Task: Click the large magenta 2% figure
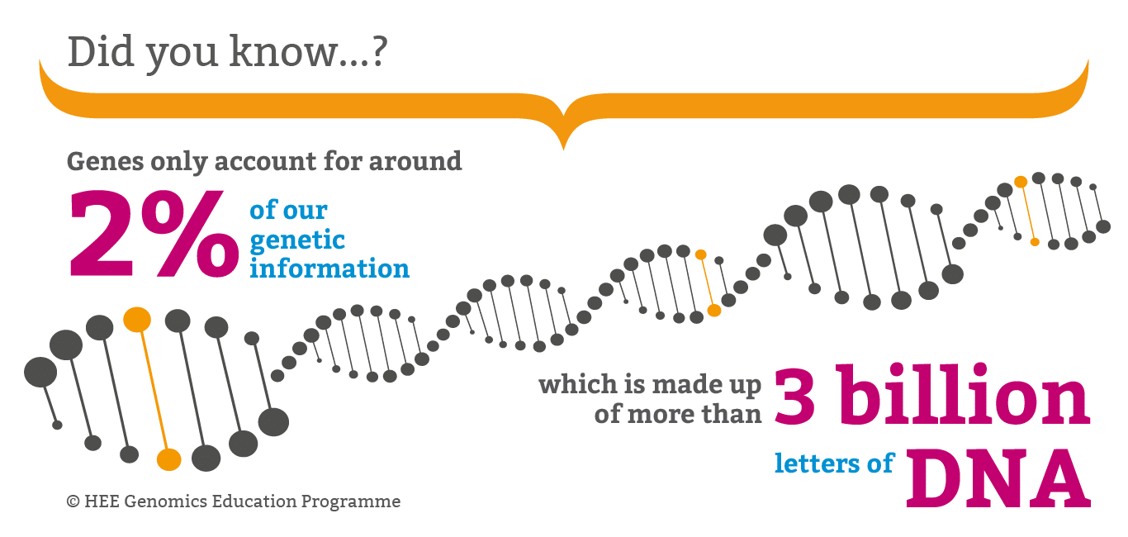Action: point(154,234)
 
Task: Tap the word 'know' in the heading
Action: point(282,51)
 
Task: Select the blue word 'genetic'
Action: point(297,240)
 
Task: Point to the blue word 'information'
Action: point(329,268)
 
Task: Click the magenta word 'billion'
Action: point(962,395)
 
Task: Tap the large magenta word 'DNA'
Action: point(998,478)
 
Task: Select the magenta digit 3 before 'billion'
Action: point(794,397)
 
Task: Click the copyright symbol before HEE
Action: point(73,501)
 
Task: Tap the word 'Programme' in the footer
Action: point(351,501)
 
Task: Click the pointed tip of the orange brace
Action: point(563,150)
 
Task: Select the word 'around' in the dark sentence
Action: point(415,162)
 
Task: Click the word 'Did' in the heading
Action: point(102,51)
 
